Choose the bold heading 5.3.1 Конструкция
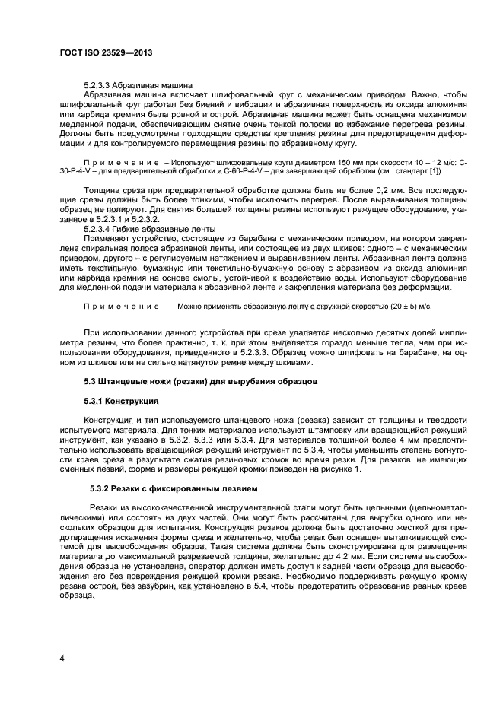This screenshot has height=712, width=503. pos(121,400)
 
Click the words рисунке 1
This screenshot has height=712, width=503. pos(342,469)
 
